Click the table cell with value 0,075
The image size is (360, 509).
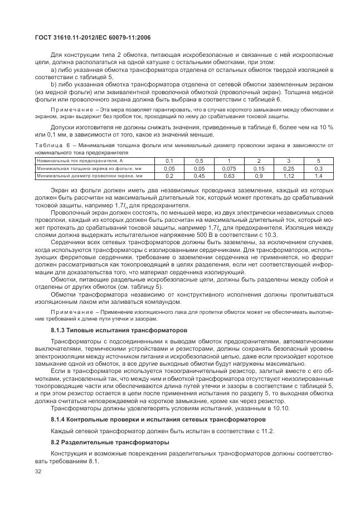(x=229, y=168)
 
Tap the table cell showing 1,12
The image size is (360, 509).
(x=288, y=176)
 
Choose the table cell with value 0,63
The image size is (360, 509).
(x=229, y=176)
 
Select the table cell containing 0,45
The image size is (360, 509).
(x=199, y=176)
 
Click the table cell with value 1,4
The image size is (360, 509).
(x=318, y=176)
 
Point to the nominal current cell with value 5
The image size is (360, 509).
(x=318, y=160)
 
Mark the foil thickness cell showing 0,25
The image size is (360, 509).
(x=288, y=168)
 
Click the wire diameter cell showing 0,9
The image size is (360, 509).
(x=259, y=176)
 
